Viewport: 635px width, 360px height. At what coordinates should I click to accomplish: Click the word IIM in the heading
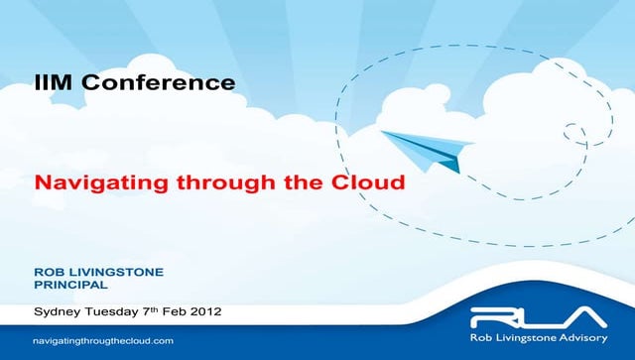click(51, 82)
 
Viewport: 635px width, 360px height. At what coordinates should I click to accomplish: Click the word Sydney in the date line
click(58, 311)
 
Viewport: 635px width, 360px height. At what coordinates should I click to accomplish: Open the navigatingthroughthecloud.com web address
click(109, 340)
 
